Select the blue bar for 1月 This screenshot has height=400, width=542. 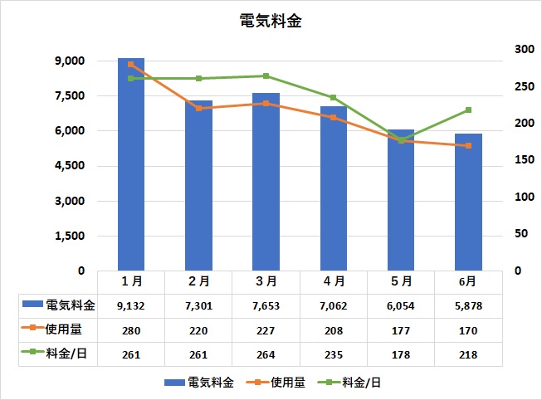tap(131, 166)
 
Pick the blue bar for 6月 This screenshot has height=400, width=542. tap(468, 202)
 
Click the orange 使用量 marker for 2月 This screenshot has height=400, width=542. tap(198, 109)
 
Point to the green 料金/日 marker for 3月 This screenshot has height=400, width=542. tap(266, 76)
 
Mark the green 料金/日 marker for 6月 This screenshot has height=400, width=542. tap(468, 110)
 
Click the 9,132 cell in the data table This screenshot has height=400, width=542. tap(131, 305)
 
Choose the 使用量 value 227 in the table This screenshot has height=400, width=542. tap(266, 329)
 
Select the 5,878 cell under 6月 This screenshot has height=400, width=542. tap(468, 305)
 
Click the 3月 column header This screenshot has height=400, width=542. tap(266, 282)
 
